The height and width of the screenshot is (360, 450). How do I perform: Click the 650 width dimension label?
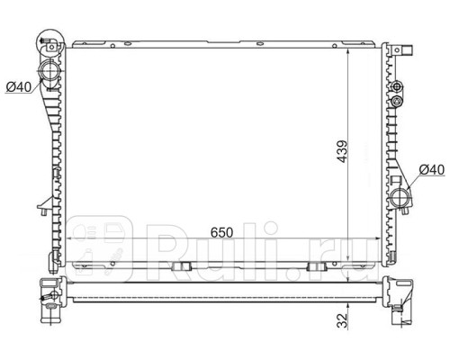[x=221, y=232]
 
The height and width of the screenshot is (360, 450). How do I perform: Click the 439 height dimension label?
[x=342, y=151]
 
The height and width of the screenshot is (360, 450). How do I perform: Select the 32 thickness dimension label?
[x=342, y=320]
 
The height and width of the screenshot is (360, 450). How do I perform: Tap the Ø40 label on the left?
[x=19, y=87]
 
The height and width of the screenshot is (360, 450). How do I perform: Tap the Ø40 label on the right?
[x=431, y=170]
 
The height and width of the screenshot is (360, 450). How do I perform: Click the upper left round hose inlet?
[x=49, y=70]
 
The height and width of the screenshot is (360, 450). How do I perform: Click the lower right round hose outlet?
[x=400, y=198]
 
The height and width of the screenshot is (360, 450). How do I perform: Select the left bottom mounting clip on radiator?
[x=182, y=266]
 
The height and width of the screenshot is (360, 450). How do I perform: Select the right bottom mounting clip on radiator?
[x=317, y=266]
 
